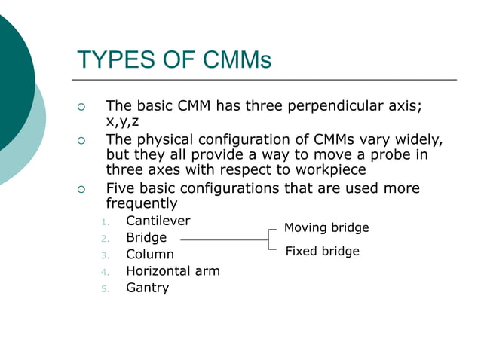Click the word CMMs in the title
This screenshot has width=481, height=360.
click(x=233, y=59)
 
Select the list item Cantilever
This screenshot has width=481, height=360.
click(x=158, y=221)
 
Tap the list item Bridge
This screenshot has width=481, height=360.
click(x=146, y=238)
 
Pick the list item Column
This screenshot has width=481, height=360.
click(x=149, y=255)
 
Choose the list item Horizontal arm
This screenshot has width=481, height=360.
click(x=173, y=271)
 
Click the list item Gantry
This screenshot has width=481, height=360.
click(x=147, y=288)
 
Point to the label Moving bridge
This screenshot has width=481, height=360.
click(x=326, y=227)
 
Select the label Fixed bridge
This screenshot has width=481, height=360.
click(x=322, y=251)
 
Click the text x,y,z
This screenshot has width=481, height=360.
click(x=122, y=122)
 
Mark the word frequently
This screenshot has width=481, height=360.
click(x=141, y=203)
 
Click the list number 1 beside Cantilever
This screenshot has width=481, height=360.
click(x=106, y=222)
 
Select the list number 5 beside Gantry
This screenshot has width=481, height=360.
click(x=106, y=288)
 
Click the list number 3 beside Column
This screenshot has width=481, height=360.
click(x=106, y=255)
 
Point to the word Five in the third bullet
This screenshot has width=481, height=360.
click(x=121, y=188)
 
